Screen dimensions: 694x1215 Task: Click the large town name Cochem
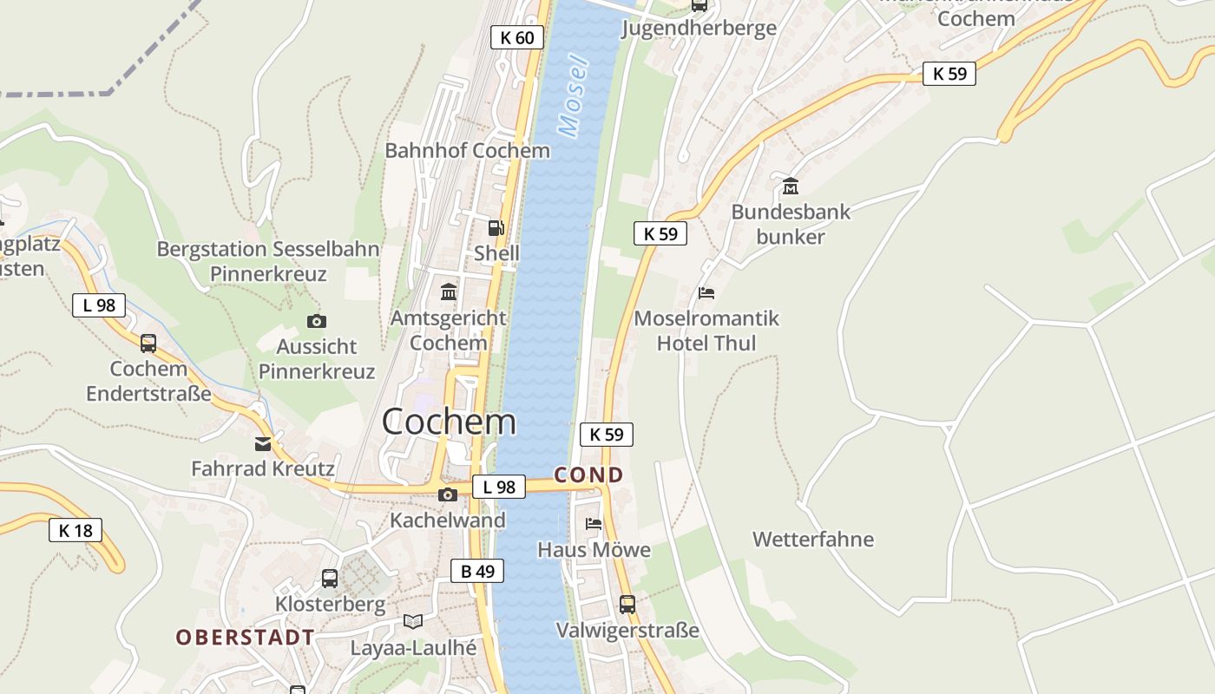coord(449,422)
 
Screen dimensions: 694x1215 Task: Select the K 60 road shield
coord(517,37)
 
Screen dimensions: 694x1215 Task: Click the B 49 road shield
coord(477,571)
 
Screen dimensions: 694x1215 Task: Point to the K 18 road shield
coord(76,530)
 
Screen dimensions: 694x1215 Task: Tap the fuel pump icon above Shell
coord(496,228)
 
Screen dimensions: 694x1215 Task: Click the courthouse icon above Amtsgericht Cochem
coord(449,291)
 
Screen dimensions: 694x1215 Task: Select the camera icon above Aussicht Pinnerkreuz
coord(317,322)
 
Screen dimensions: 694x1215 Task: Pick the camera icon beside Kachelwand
coord(448,494)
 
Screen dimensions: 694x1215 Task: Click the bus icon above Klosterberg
coord(330,579)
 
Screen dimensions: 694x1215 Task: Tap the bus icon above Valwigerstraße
coord(627,605)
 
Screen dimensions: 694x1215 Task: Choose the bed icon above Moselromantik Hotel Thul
coord(706,293)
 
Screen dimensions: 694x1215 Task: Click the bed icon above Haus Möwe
coord(594,524)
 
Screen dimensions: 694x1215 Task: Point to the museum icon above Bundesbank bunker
coord(791,186)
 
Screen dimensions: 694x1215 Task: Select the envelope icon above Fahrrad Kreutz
coord(263,444)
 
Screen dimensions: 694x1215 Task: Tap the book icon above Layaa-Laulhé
coord(413,622)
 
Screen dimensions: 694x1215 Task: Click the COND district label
coord(589,475)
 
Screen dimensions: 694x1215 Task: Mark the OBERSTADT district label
coord(246,638)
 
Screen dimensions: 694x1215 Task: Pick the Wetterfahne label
coord(813,540)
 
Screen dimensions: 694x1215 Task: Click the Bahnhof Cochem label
coord(467,150)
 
